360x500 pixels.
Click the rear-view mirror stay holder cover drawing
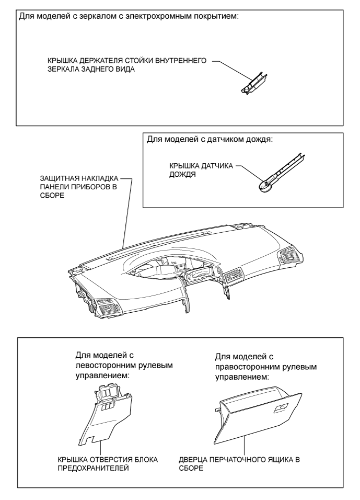pos(254,84)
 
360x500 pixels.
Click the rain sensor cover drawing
pos(281,174)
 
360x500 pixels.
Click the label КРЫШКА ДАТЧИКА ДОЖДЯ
pos(201,171)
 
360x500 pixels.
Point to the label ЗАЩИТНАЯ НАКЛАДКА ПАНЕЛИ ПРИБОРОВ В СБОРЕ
pos(79,187)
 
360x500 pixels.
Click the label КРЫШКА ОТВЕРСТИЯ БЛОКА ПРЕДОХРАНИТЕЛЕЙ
pos(108,463)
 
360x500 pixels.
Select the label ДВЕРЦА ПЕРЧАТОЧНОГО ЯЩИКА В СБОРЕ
pos(239,463)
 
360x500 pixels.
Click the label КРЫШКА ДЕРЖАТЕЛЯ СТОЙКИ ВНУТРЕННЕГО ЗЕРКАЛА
pos(127,65)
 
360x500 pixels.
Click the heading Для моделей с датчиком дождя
pos(210,140)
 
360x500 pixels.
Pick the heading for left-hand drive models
pos(124,365)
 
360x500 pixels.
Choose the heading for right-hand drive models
pos(266,367)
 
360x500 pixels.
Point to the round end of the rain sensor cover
pos(264,186)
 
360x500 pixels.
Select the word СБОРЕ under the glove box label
pos(191,468)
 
